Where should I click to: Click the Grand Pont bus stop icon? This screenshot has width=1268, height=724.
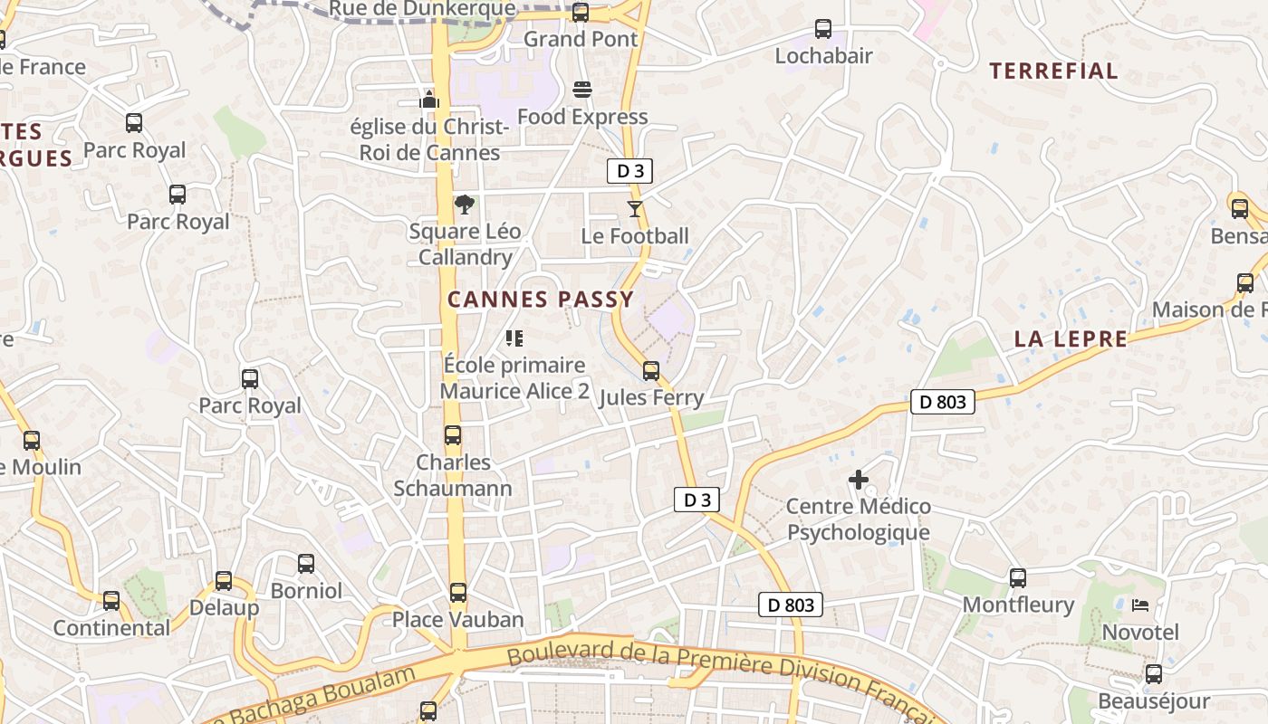581,13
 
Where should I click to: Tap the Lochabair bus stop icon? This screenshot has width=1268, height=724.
823,29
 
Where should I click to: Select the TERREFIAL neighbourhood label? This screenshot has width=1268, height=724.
1053,71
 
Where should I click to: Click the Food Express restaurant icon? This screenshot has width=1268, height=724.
582,90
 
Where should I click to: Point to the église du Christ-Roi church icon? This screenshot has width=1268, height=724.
429,99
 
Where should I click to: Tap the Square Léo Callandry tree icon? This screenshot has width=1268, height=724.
465,204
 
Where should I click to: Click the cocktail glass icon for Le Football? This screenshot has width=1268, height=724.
635,209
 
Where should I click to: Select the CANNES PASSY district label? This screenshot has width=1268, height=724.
541,300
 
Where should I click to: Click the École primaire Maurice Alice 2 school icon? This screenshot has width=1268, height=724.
514,338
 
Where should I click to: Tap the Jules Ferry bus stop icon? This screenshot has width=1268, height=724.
651,371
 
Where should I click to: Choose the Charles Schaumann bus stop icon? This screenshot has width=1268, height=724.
453,435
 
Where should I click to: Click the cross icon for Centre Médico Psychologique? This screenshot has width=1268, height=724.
859,479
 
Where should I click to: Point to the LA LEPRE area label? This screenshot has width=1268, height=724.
1071,339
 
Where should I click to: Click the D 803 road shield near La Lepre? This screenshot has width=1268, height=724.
942,402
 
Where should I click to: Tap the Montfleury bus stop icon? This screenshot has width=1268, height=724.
1018,578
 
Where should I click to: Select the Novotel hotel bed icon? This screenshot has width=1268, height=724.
1140,605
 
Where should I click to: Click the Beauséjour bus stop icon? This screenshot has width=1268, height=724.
1154,674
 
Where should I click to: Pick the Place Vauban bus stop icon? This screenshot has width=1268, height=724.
458,593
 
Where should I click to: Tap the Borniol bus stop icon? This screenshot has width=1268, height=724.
306,564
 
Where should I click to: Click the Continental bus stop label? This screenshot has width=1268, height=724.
111,627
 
